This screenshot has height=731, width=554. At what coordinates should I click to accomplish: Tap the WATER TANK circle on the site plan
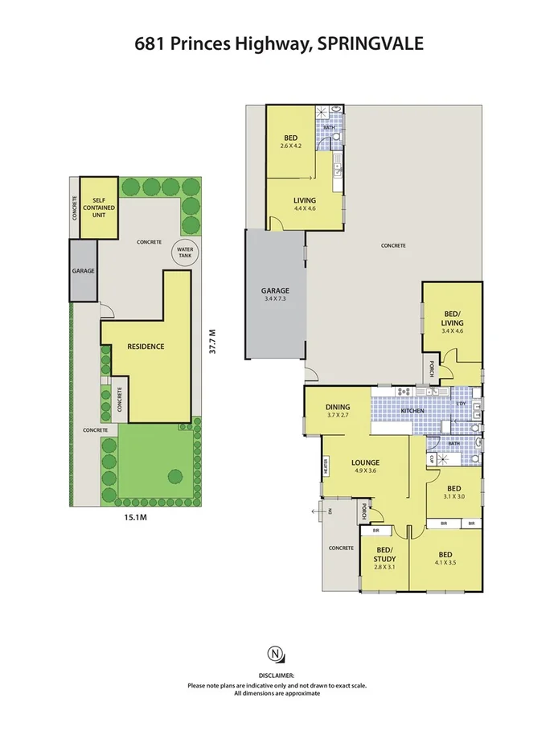coord(186,253)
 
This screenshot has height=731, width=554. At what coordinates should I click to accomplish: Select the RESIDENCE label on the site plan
coord(146,347)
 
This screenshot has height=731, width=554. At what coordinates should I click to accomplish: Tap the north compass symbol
coord(276,652)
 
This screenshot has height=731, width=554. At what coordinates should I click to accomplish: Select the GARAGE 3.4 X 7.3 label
coord(274,295)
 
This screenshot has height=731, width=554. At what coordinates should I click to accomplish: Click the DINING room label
coord(337,411)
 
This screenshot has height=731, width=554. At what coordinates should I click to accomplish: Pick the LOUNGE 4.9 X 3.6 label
coord(365,466)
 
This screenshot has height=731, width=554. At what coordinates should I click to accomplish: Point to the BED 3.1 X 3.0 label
coord(454,492)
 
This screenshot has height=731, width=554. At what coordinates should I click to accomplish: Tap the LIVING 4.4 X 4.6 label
coord(304,204)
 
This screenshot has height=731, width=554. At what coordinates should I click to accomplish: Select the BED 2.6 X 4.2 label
coord(290,142)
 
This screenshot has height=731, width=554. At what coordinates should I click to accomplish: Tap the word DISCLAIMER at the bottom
coord(276,676)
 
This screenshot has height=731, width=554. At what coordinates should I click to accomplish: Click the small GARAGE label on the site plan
coord(84,271)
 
